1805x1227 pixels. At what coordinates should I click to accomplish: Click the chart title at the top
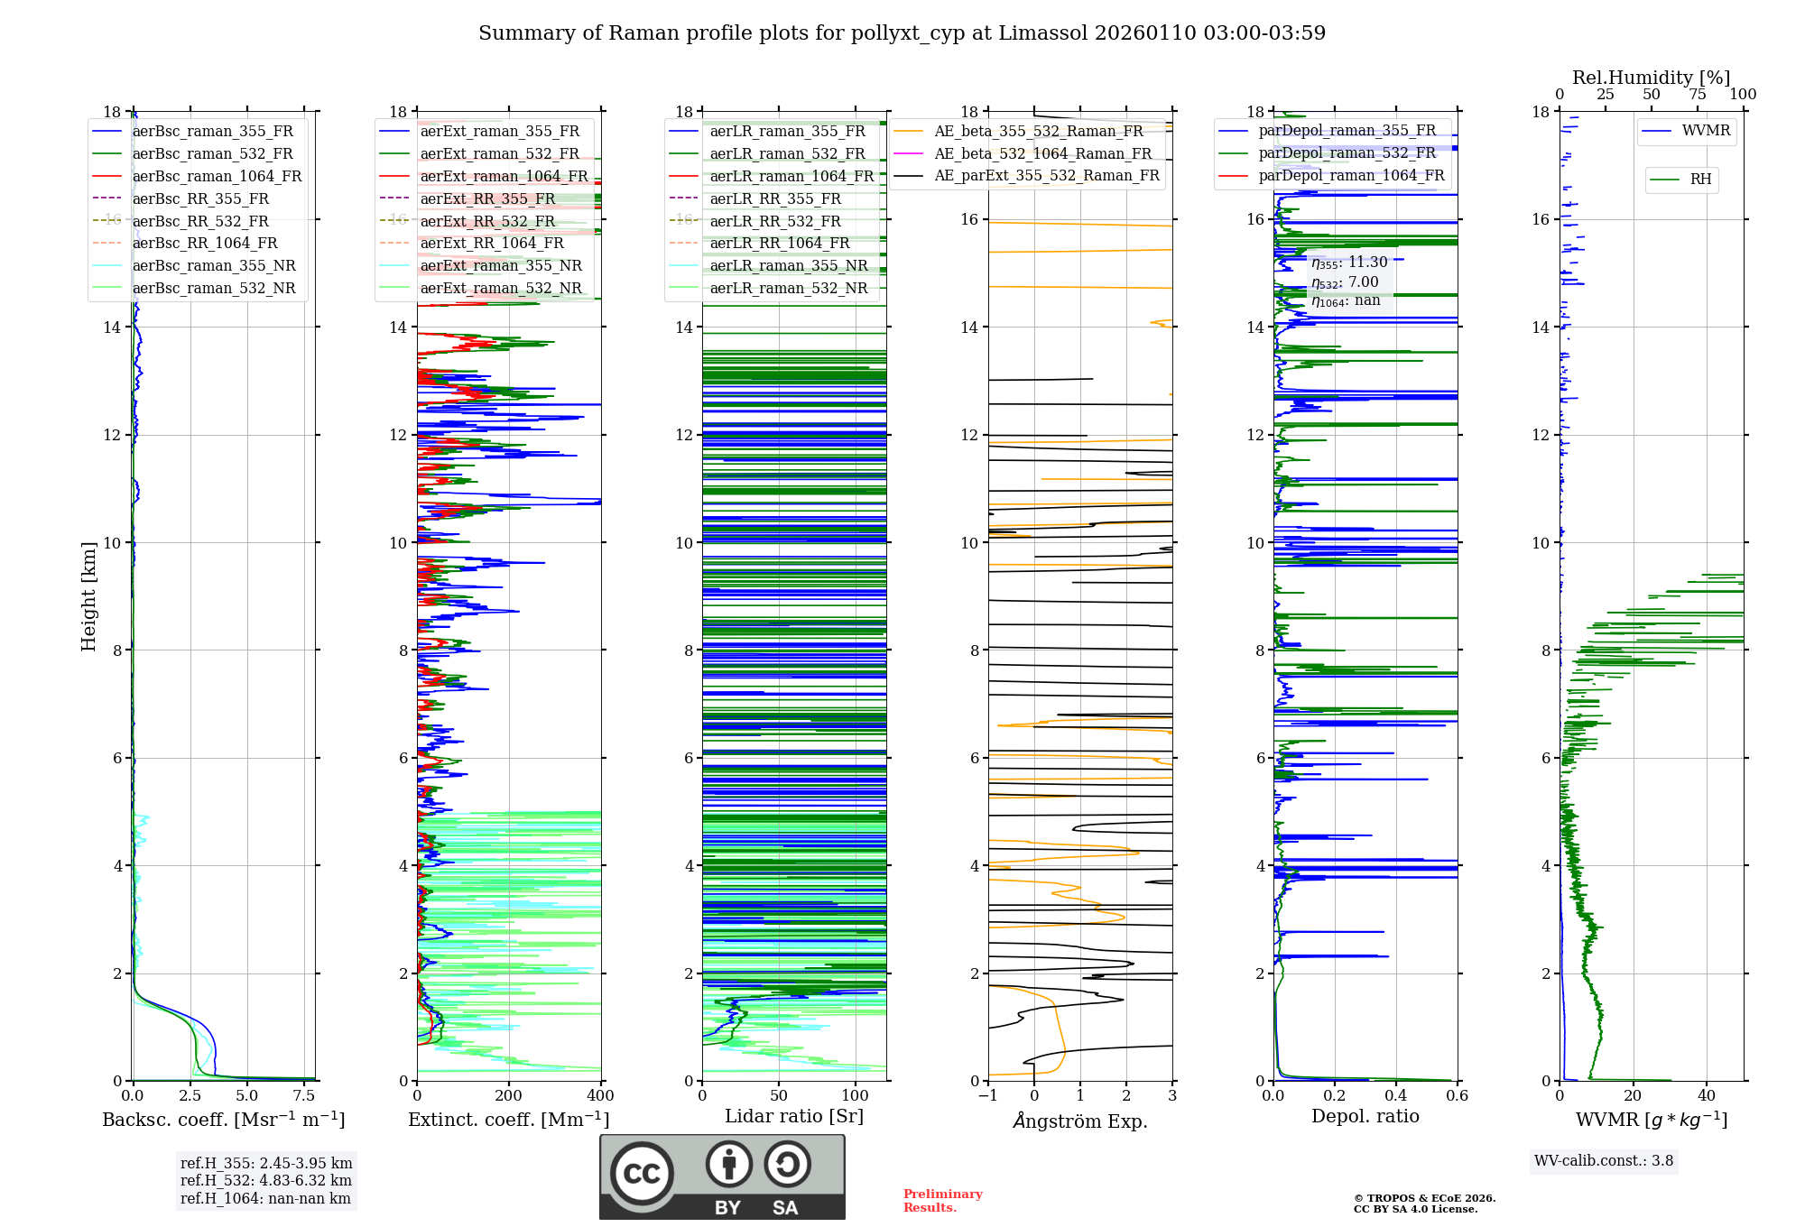(902, 33)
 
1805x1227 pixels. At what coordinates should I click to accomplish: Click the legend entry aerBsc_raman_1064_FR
(217, 176)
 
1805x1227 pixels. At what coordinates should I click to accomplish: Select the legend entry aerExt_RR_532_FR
(487, 221)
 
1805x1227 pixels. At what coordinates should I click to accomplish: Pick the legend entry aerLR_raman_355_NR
(788, 265)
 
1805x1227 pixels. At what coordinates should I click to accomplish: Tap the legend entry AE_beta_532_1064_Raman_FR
(1042, 153)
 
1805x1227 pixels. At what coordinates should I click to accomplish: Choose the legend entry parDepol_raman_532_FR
(1347, 153)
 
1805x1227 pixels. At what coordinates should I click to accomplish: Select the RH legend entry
(1700, 180)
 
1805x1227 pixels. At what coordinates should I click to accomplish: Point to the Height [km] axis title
(88, 595)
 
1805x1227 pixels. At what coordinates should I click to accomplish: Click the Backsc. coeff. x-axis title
(223, 1120)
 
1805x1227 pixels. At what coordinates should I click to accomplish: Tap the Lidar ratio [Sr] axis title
(794, 1116)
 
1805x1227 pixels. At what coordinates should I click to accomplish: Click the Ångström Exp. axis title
(1080, 1121)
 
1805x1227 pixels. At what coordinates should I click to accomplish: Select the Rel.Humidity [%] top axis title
(1651, 78)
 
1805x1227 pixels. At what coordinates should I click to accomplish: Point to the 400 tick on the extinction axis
(600, 1096)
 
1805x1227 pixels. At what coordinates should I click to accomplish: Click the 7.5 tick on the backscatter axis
(304, 1096)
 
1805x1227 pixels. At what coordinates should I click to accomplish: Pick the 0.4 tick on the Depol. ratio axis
(1396, 1096)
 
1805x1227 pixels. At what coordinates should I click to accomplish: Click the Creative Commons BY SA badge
(722, 1176)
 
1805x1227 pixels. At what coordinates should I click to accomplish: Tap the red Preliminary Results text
(942, 1200)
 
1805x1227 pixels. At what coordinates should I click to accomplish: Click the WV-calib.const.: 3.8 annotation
(1603, 1161)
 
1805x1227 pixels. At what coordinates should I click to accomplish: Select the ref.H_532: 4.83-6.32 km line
(265, 1180)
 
